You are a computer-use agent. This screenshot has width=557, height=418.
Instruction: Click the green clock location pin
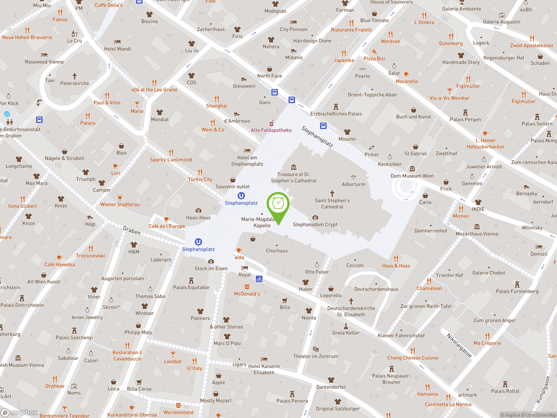pos(278,204)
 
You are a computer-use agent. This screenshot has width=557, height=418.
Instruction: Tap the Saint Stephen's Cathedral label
pos(332,204)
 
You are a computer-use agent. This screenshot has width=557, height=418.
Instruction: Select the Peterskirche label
pos(75,83)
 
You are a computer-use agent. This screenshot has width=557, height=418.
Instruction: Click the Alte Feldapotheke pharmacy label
pos(271,130)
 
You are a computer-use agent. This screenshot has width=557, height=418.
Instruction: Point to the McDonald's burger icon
pos(247,287)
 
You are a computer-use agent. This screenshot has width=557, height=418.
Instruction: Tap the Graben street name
pos(131,230)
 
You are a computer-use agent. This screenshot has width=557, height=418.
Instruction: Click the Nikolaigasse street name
pos(459,345)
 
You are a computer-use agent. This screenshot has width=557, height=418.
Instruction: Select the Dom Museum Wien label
pos(412,176)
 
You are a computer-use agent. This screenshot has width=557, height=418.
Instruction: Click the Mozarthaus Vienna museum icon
pos(477,227)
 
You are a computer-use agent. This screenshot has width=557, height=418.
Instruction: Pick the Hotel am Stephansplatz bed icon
pos(247,151)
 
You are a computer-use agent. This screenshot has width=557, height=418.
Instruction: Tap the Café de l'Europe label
pos(167,226)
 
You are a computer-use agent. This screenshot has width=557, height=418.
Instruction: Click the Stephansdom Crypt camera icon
pos(315,217)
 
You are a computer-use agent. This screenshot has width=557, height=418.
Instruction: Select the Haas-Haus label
pos(198,217)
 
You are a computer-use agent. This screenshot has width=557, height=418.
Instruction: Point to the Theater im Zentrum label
pos(315,356)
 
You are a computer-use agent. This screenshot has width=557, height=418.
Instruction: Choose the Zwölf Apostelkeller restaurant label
pos(532,45)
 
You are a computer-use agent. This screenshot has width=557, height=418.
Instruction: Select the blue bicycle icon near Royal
pos(259,279)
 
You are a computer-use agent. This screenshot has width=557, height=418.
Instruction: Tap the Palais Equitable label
pos(191,287)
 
